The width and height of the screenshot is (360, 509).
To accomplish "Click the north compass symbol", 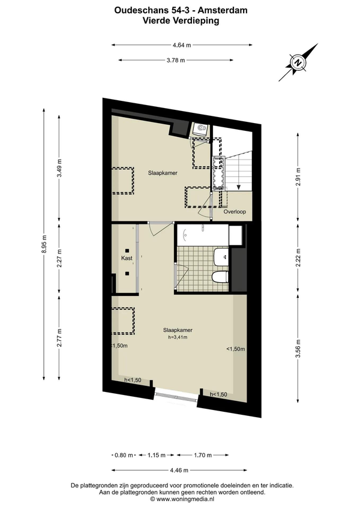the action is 298,62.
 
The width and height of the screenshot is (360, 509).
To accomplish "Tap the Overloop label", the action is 235,212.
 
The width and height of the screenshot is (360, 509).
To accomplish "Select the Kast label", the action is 127,258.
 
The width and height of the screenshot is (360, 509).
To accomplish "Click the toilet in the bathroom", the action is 220,277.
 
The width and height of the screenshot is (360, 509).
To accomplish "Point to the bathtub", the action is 203,235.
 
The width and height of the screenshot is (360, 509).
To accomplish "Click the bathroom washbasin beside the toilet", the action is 222,258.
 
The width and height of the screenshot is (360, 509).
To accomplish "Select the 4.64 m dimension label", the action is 182,45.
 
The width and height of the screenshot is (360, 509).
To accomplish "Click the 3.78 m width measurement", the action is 176,60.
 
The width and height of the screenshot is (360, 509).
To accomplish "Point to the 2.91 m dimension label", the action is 298,176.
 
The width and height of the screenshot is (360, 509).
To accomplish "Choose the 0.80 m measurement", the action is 124,455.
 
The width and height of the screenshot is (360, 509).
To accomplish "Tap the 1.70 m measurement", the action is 203,455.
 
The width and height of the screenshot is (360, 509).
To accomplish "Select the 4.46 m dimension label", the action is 179,470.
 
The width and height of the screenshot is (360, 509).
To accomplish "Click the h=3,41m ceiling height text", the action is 178,337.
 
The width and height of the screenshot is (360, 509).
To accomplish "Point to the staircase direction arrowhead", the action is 239,187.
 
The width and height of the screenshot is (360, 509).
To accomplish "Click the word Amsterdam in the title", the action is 223,10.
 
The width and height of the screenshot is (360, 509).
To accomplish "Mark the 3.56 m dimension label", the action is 298,348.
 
